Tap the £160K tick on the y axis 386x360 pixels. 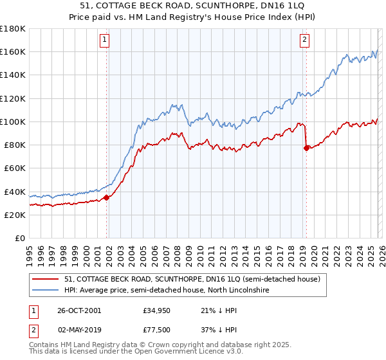coord(13,52)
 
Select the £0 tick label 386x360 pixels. coord(20,239)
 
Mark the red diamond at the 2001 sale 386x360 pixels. coord(107,197)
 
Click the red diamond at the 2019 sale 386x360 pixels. coord(306,148)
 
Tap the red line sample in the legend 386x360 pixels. coord(45,279)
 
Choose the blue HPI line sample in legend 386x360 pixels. coord(45,291)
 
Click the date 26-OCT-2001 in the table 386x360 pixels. coord(79,310)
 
